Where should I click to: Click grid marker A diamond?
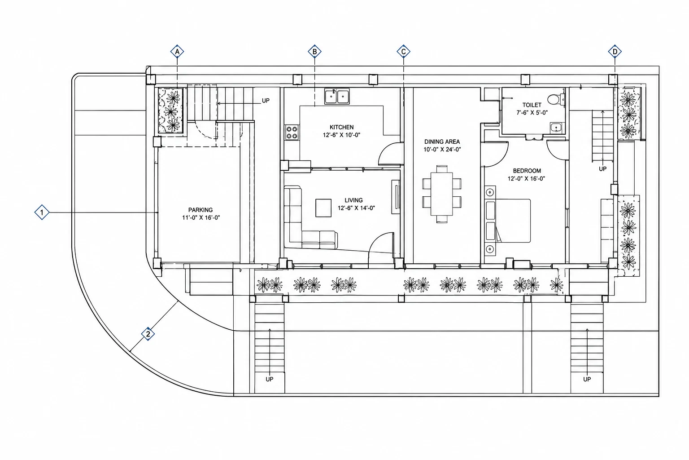coord(177,52)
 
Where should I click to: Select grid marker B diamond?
coord(314,52)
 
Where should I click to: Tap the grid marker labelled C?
coord(403,52)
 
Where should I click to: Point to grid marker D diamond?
coord(615,52)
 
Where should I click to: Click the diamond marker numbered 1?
coord(42,212)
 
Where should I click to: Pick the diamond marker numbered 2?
coord(148,334)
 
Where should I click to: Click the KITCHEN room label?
coord(341,127)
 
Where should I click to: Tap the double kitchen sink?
coord(337,97)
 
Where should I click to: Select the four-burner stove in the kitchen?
coord(292,133)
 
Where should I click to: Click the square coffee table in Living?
coord(323,208)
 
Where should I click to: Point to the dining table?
coord(442,194)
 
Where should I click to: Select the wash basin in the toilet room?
coord(556,128)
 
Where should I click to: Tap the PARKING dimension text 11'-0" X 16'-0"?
coord(201,217)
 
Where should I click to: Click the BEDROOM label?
coord(527,171)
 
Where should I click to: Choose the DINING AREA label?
coord(442,142)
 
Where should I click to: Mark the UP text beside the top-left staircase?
coord(266,101)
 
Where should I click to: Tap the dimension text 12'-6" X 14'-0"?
coord(356,208)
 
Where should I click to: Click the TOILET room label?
coord(532,105)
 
